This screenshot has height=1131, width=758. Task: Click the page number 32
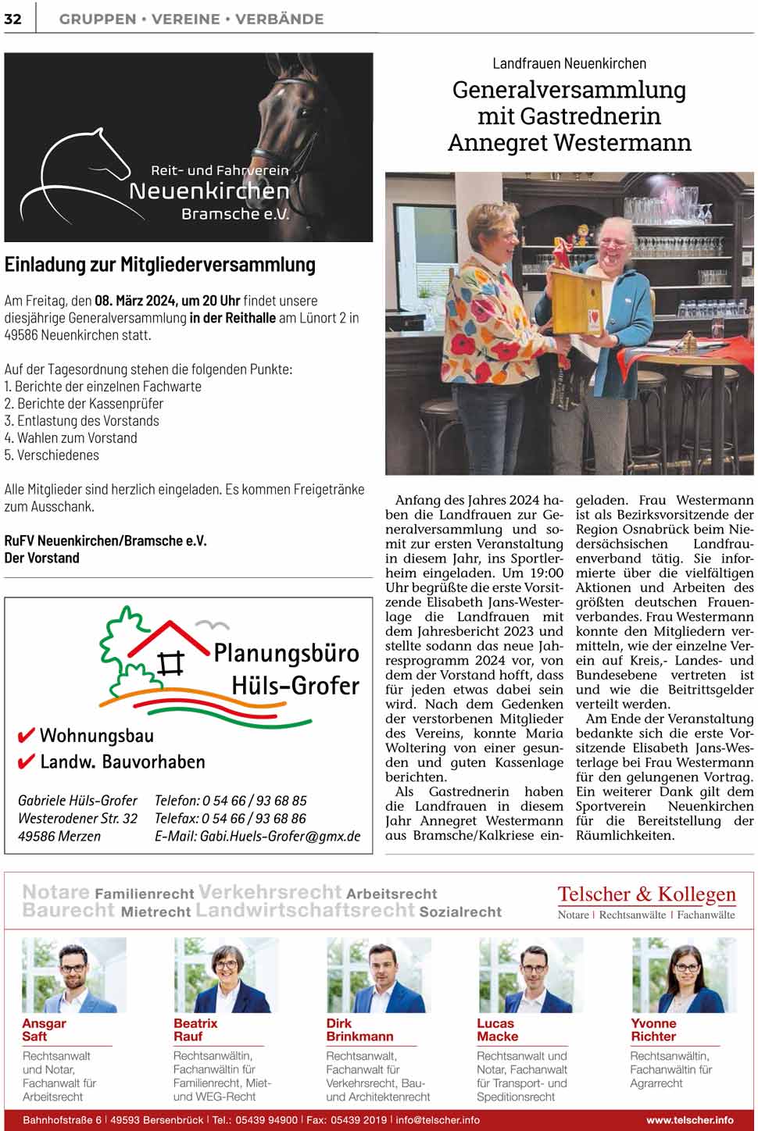(13, 19)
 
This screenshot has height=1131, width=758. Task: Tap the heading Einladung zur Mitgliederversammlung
(160, 265)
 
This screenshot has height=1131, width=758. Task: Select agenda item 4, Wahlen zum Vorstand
(71, 438)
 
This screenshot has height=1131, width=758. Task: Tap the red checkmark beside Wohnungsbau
(26, 736)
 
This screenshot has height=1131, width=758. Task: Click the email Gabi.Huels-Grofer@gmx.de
(257, 836)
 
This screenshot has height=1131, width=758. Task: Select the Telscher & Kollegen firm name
(646, 894)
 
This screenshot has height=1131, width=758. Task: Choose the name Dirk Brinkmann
(359, 1029)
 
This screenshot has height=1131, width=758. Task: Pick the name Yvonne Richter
(653, 1029)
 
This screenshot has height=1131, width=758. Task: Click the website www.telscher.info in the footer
(689, 1120)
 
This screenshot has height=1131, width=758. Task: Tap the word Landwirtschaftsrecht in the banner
(305, 910)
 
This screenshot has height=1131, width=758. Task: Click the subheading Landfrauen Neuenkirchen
(569, 63)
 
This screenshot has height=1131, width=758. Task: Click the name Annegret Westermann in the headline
(569, 143)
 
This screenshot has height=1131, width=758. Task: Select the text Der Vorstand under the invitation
(42, 558)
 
